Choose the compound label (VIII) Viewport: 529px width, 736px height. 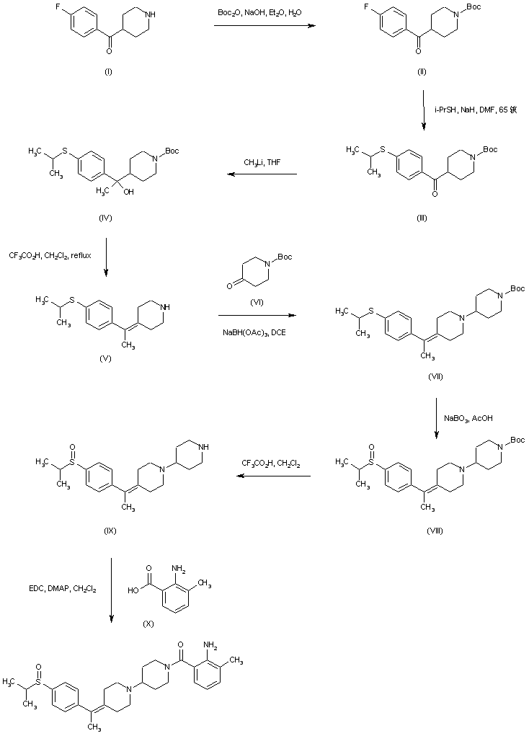coord(435,530)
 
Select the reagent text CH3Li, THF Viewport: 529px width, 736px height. coord(263,163)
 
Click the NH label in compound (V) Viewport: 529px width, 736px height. coord(167,307)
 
